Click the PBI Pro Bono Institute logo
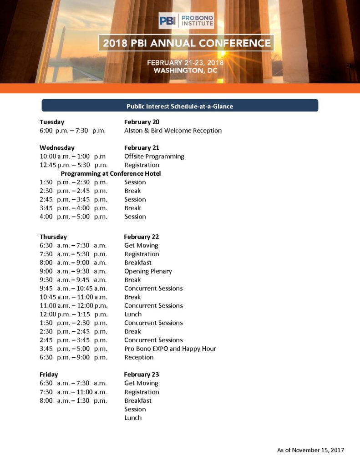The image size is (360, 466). pos(186,20)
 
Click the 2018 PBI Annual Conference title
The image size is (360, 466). pos(187,44)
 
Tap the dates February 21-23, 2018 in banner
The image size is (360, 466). pos(185,63)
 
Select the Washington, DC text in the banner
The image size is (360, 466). pos(185,71)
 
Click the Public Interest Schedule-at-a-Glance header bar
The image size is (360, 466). pos(180,106)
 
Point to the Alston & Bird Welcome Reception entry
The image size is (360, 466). pos(173,131)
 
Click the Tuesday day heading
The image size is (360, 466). pos(52,122)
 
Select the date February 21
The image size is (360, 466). pos(141,148)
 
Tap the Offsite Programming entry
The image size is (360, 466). pos(154,157)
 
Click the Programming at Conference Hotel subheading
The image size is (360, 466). pos(111,174)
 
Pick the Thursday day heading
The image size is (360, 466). pos(53,237)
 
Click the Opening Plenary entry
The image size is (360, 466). pos(148,272)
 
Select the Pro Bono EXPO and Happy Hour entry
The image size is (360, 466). pos(170,349)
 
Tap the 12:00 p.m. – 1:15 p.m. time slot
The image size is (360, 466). pos(73,314)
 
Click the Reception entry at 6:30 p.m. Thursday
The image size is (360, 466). pos(139,358)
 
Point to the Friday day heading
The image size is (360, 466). pos(49,375)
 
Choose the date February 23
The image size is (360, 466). pos(141,375)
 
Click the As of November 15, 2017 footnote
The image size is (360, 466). pos(310,450)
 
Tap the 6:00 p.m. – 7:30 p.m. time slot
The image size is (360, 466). pos(72,131)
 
